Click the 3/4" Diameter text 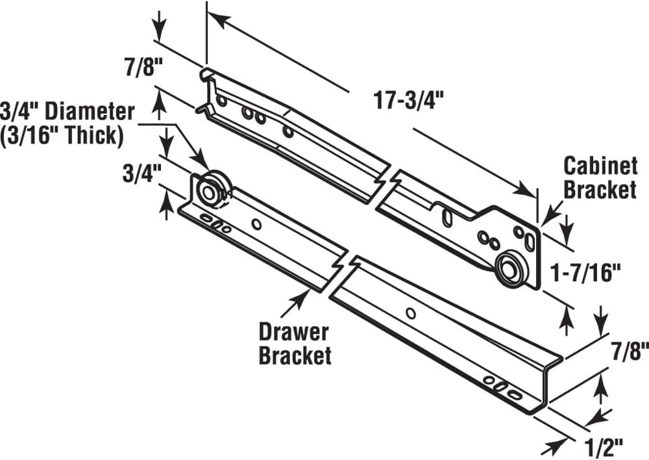(67, 112)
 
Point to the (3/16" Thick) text (62, 134)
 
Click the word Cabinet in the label (600, 166)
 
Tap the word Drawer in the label (294, 332)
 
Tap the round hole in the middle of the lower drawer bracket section (410, 314)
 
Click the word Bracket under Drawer (295, 355)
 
